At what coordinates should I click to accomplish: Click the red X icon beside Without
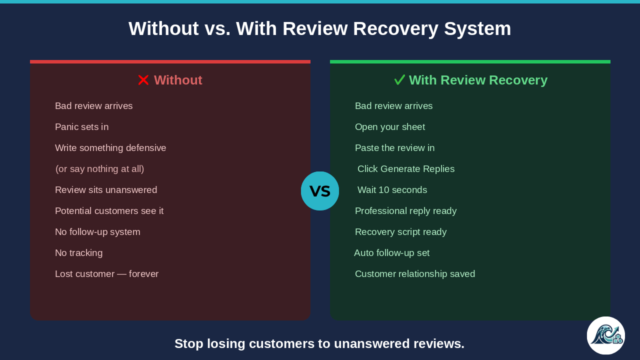143,80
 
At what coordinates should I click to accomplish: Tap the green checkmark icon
399,79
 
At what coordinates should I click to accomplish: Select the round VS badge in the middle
320,191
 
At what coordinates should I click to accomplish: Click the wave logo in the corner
606,335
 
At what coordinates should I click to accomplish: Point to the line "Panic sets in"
81,127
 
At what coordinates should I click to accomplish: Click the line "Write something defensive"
110,148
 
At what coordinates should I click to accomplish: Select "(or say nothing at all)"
99,169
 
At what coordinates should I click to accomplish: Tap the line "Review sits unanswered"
106,190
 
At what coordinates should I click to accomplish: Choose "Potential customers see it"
109,211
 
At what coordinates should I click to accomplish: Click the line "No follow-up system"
97,232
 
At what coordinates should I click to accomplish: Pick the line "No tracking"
79,253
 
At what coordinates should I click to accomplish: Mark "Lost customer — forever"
107,274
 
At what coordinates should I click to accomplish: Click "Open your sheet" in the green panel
390,127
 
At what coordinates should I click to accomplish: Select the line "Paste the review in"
395,148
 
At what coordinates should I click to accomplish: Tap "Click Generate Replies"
406,169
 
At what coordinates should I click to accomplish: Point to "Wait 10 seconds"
392,190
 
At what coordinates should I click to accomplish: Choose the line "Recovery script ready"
401,232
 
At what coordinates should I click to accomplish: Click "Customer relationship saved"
415,274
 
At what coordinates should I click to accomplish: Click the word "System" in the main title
477,28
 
